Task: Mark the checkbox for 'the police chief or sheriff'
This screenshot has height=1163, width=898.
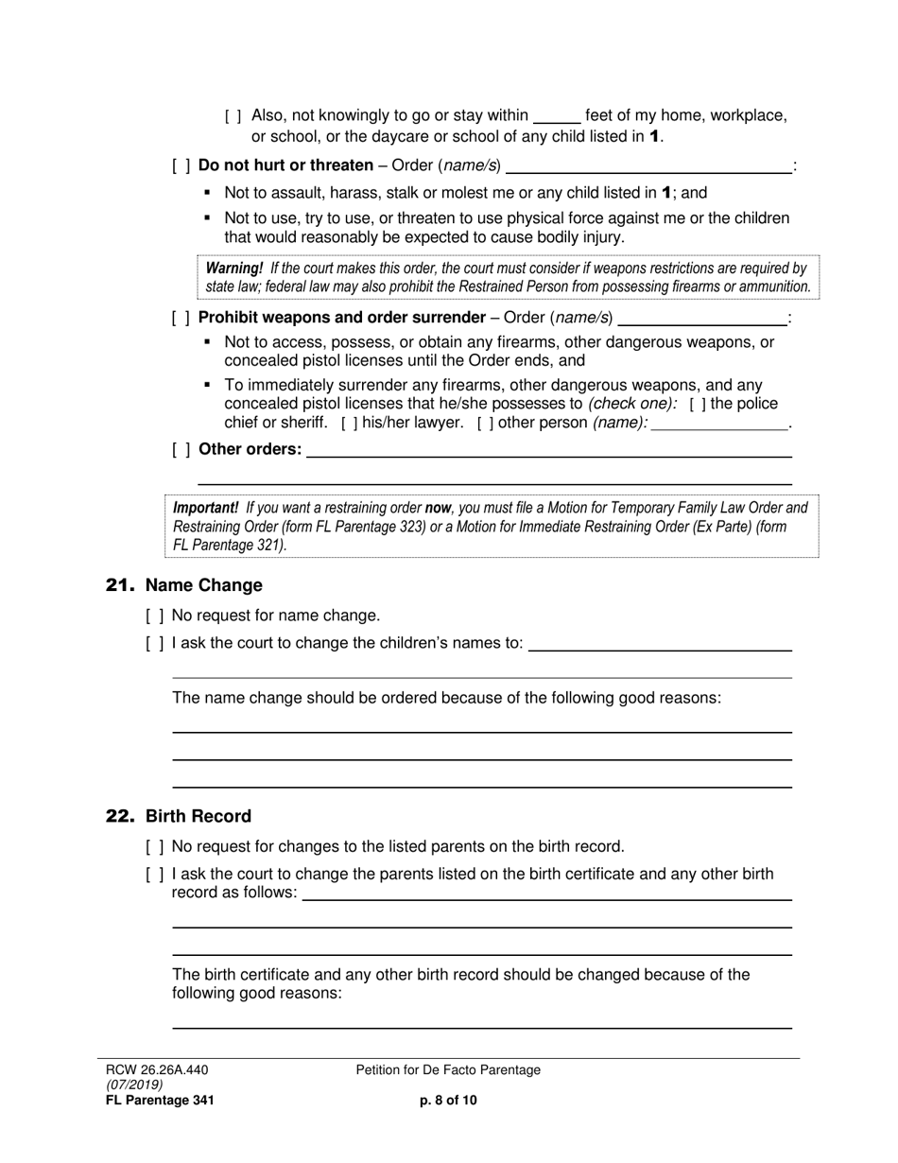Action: point(698,405)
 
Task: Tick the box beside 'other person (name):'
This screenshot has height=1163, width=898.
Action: point(485,424)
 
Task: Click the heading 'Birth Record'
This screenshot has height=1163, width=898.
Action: point(198,816)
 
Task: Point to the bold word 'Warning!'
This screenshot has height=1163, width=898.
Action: point(233,269)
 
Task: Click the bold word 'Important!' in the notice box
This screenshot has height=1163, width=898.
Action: point(205,508)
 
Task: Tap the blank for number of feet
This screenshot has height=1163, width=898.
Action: point(557,117)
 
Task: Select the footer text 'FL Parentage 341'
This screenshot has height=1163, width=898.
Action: point(159,1100)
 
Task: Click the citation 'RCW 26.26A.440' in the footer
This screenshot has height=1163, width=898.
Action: point(156,1070)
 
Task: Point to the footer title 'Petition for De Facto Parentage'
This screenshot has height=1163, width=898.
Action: point(448,1070)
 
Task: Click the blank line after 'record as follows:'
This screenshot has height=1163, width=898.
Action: point(545,894)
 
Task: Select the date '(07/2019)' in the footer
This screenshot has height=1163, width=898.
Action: point(134,1085)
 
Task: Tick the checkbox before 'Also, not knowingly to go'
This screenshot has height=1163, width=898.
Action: point(233,116)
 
